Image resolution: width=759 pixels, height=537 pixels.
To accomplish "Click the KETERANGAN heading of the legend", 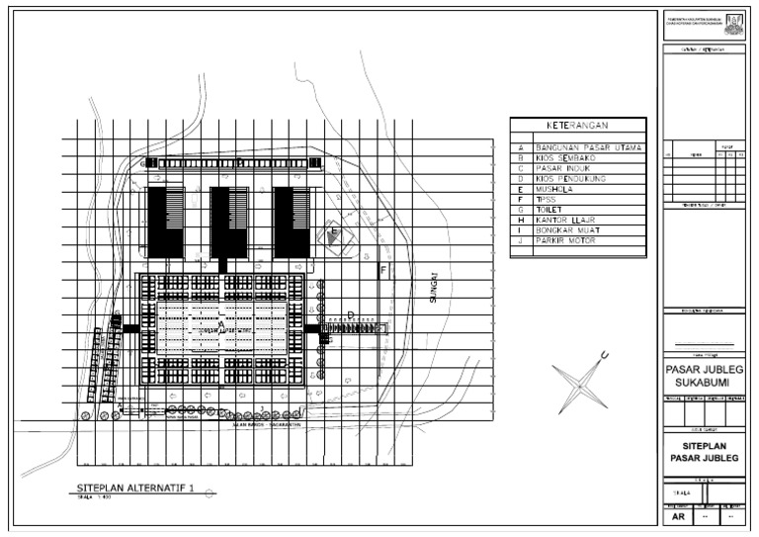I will click(x=577, y=127).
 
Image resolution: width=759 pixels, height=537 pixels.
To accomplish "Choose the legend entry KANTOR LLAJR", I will click(x=569, y=220).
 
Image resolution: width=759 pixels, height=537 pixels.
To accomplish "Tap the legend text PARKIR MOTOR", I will click(x=569, y=240).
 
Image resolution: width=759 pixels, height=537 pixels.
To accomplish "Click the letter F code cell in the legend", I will click(x=520, y=199).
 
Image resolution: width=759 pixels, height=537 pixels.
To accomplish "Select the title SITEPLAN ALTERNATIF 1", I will click(x=136, y=488).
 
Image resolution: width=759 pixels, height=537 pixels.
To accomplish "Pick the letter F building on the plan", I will click(x=383, y=269).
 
